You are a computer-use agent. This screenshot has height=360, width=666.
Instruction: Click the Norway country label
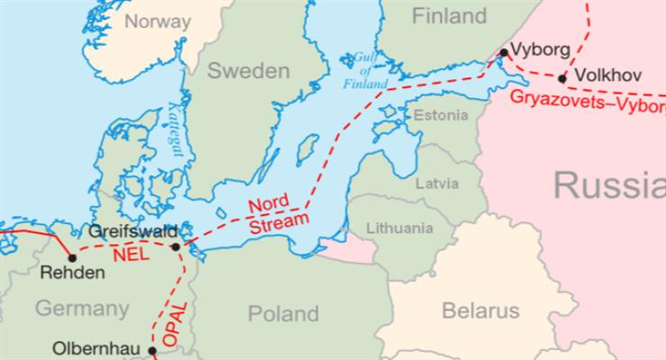pos(157,21)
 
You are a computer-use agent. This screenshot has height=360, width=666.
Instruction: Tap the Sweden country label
pos(248,72)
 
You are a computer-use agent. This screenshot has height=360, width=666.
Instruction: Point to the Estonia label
pos(440,115)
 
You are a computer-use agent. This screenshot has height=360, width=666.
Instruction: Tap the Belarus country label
pos(481,310)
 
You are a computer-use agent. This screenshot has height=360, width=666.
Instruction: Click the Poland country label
pos(283,313)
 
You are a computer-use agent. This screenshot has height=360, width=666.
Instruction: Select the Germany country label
pos(82,309)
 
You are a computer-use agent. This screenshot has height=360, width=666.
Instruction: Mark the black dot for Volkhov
pos(562,78)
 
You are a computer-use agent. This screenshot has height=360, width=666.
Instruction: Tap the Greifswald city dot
pos(175,246)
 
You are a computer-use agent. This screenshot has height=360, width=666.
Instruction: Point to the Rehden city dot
pos(72,257)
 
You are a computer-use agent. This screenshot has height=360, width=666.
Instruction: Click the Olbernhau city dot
pos(152,350)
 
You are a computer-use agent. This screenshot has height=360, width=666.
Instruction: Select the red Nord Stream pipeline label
pos(277,209)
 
